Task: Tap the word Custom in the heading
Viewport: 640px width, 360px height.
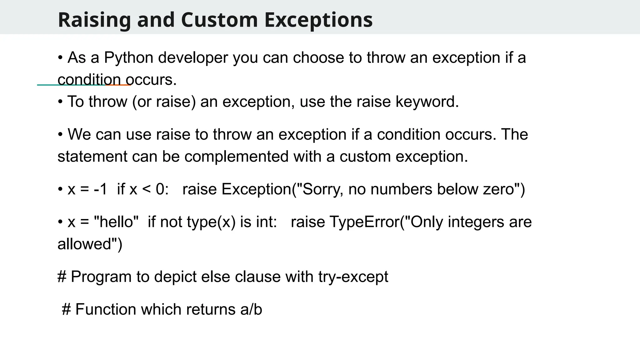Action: (x=219, y=20)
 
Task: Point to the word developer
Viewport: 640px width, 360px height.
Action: (x=193, y=58)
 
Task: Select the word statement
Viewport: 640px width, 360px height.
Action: (x=92, y=157)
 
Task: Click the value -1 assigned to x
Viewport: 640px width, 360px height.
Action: (x=100, y=189)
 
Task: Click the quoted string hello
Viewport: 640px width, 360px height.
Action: (x=116, y=222)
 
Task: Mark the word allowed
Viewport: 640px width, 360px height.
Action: (x=84, y=244)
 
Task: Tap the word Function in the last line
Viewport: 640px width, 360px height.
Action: (x=106, y=310)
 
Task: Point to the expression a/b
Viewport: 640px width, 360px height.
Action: (x=251, y=310)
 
